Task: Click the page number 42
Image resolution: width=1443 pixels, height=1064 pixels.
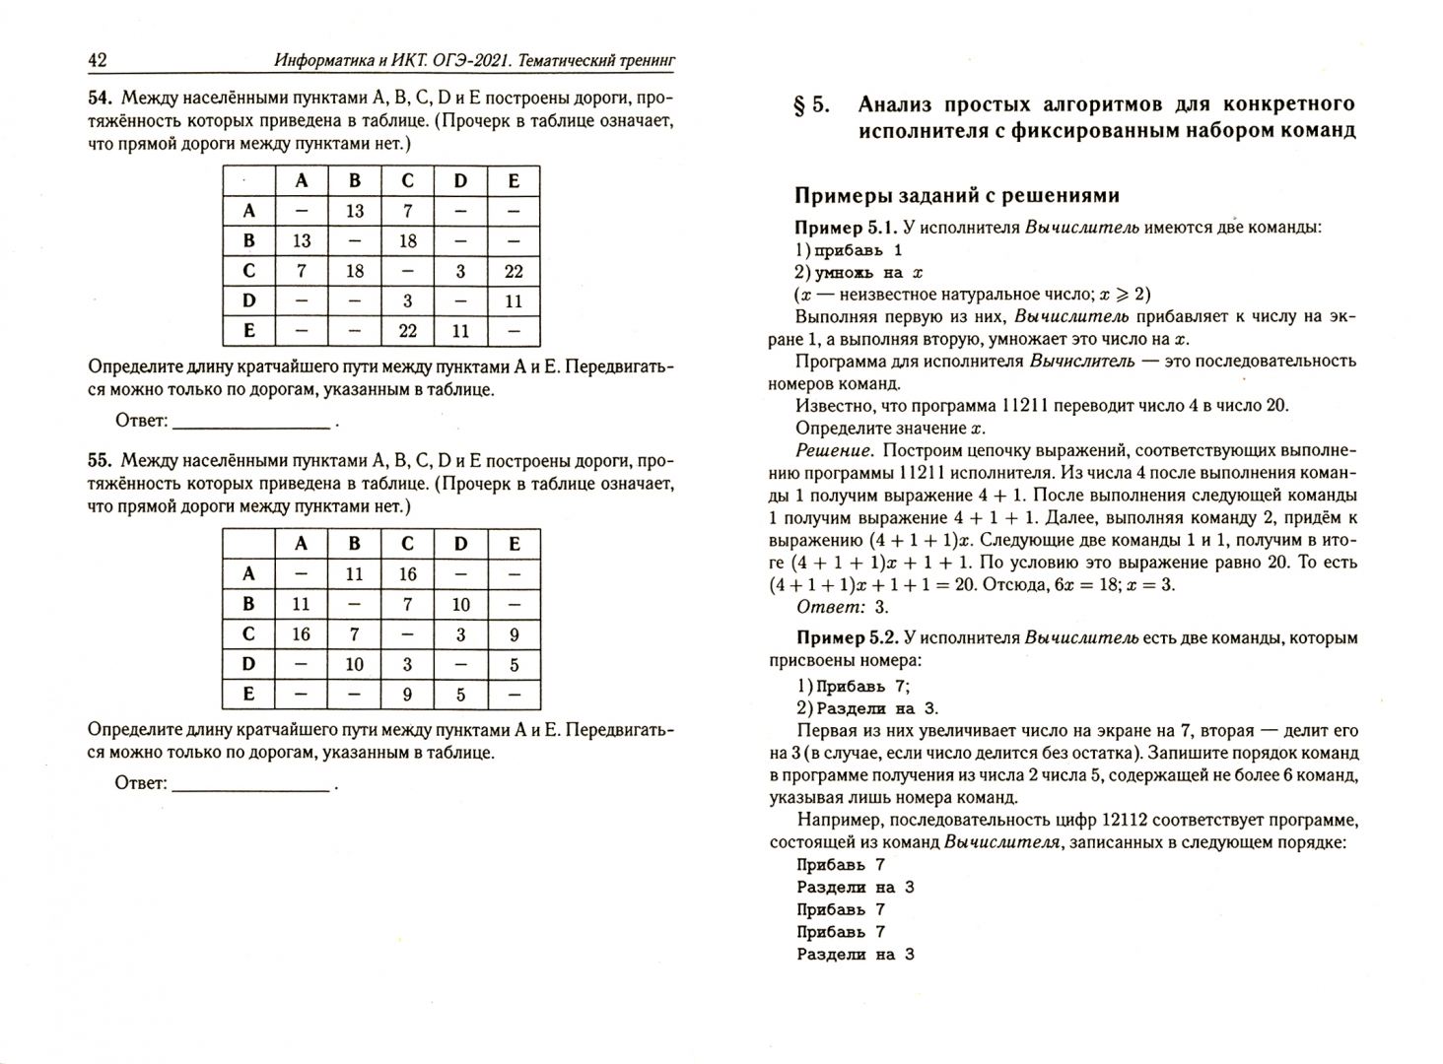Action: click(98, 61)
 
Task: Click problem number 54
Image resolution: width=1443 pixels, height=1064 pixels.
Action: click(102, 99)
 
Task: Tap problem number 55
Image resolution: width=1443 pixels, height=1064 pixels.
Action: click(102, 461)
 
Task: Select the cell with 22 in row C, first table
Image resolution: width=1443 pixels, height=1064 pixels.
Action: click(513, 271)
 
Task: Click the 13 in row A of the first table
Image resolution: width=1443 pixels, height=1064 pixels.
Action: click(355, 211)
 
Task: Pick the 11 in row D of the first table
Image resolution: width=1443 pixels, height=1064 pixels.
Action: click(513, 301)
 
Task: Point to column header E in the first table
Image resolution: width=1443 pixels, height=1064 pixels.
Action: click(513, 181)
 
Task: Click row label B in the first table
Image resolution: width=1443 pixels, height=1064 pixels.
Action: click(248, 241)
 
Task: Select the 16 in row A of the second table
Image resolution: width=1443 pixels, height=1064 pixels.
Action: click(407, 574)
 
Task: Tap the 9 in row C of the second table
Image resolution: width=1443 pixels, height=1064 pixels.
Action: click(513, 635)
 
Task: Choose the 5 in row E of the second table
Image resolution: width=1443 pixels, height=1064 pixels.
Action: click(460, 695)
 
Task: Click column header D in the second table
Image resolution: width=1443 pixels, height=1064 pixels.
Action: click(460, 544)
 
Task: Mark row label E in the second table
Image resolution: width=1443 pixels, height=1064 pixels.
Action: click(248, 695)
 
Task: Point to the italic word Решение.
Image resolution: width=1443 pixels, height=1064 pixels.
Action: click(834, 451)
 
